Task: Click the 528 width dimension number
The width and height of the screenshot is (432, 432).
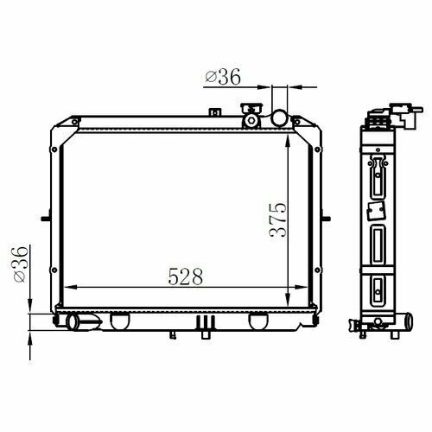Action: (186, 276)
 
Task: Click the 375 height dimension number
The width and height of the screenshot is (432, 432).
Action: (278, 220)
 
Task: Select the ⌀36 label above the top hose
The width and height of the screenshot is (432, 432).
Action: (223, 77)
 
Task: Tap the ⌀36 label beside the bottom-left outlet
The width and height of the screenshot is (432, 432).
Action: (21, 264)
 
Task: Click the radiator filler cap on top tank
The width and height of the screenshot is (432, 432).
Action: (251, 116)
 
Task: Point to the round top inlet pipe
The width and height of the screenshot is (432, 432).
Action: (280, 118)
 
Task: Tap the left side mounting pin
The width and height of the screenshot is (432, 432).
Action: (46, 219)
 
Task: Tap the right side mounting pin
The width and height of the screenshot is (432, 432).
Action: (326, 219)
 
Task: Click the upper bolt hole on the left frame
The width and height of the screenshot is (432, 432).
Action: (54, 149)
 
